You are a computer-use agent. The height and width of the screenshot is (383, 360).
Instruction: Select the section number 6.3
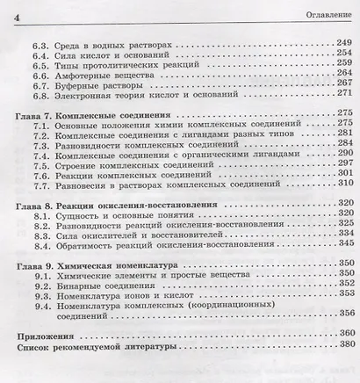(42, 41)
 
